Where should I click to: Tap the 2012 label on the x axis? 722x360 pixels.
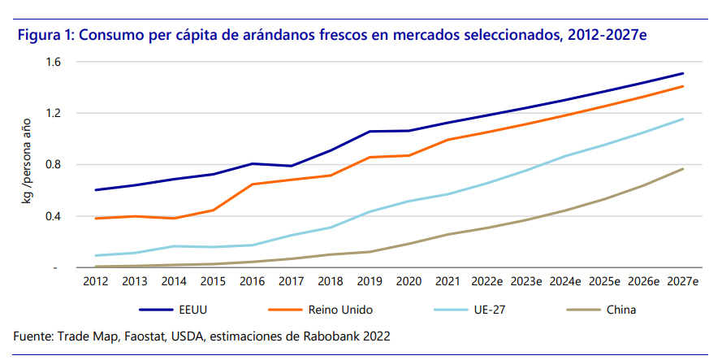pos(96,282)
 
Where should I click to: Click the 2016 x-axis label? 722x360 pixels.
pos(253,282)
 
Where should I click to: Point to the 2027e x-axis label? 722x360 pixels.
pos(683,282)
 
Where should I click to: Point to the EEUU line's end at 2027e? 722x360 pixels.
pos(683,73)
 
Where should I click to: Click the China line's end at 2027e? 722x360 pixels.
pos(683,169)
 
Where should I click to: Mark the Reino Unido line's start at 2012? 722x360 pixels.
pos(96,219)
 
